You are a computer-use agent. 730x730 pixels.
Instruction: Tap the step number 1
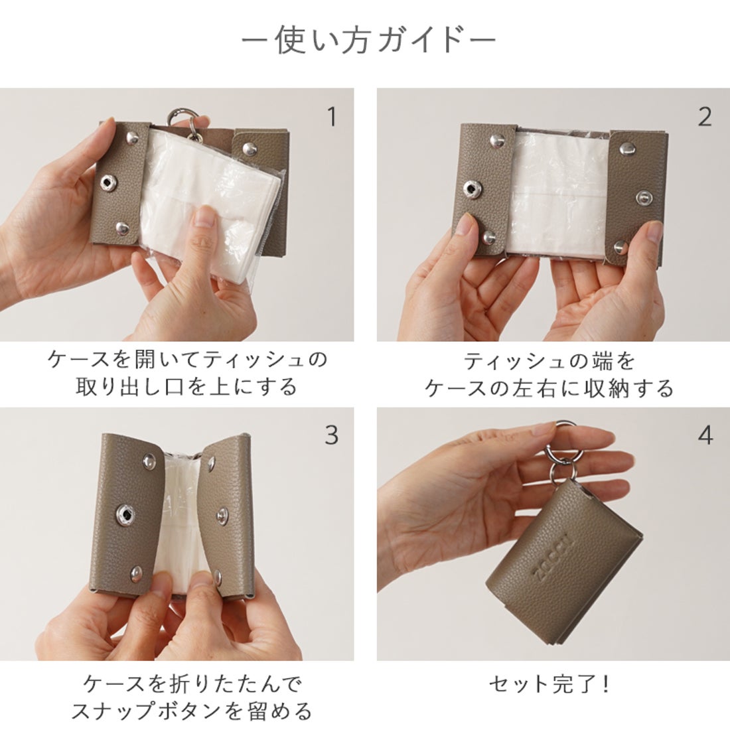pyautogui.click(x=332, y=117)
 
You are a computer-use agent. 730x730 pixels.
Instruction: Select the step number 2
pyautogui.click(x=704, y=117)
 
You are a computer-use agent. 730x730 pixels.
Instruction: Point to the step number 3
pyautogui.click(x=332, y=435)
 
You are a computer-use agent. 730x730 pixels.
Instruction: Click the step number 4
pyautogui.click(x=705, y=435)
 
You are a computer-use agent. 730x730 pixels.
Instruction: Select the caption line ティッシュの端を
pyautogui.click(x=549, y=360)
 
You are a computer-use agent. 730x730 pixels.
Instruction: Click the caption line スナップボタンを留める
pyautogui.click(x=191, y=711)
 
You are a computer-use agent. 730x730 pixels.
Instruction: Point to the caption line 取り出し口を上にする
pyautogui.click(x=187, y=386)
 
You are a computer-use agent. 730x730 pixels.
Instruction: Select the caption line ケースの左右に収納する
pyautogui.click(x=549, y=388)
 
